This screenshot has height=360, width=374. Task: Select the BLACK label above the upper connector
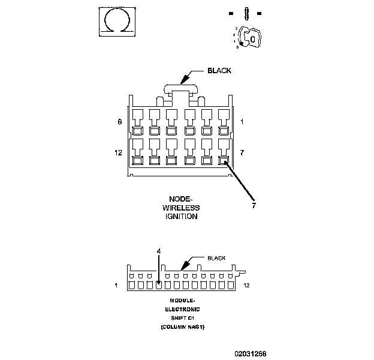219,71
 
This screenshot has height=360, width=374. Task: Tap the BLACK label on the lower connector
216,258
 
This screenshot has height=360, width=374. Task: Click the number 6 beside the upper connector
120,122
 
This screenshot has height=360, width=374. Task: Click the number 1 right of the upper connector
242,122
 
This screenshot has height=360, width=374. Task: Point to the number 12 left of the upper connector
118,153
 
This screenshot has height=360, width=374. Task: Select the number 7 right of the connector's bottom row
242,153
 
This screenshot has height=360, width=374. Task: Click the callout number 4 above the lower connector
158,251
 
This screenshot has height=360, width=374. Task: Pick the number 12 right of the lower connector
247,286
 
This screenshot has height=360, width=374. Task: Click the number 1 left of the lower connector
116,286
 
